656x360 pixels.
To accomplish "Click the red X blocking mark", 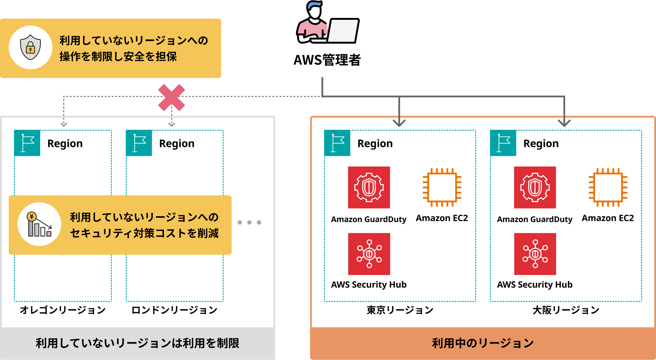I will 172,98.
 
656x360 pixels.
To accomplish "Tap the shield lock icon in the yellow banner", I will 31,47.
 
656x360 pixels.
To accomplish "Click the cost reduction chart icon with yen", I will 39,225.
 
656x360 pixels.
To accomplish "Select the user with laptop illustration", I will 327,24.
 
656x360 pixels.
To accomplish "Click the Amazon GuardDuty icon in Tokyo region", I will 369,187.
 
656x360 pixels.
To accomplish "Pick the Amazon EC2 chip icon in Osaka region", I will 608,187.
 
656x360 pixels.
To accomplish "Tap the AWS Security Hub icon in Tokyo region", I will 369,254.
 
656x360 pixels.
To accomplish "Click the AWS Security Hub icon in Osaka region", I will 535,254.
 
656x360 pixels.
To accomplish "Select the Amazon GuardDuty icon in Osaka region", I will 535,187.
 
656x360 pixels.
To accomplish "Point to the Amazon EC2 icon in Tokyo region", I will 442,187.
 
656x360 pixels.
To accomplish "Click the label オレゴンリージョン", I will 63,310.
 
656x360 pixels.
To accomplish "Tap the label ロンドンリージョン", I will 174,310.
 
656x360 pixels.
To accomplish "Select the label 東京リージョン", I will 400,310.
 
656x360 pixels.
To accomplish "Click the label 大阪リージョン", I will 566,310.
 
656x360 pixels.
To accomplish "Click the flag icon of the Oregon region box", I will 27,143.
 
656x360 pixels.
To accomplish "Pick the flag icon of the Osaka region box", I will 503,143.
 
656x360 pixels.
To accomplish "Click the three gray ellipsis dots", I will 249,222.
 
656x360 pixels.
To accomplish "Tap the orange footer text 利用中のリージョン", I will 482,343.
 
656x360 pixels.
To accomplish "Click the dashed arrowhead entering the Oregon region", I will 64,124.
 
